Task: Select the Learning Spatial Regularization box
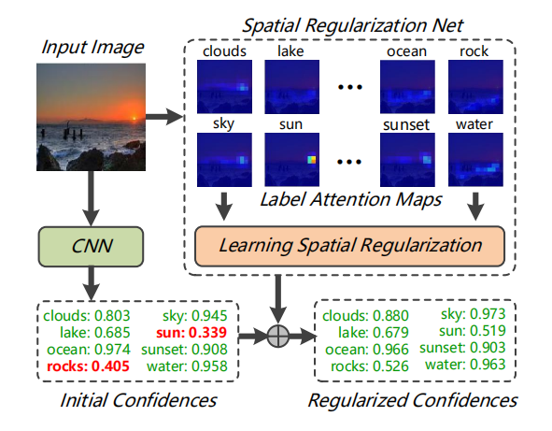click(349, 246)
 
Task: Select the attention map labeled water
click(475, 160)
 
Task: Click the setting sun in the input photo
click(134, 117)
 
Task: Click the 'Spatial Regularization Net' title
click(353, 19)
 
